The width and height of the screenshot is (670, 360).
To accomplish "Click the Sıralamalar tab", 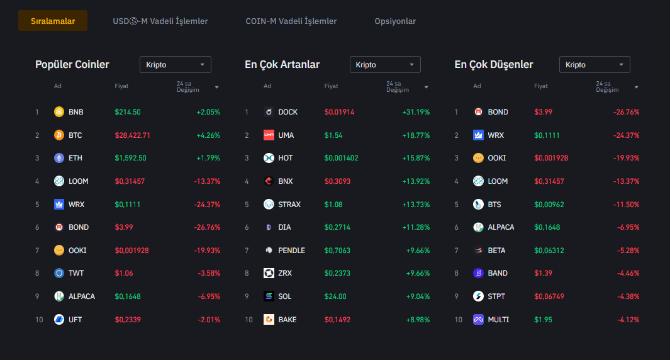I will [53, 21].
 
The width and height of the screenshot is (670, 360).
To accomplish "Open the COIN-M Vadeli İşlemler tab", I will [291, 21].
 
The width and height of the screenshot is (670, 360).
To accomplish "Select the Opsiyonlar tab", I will [395, 21].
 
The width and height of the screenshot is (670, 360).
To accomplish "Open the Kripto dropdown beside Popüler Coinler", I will [175, 65].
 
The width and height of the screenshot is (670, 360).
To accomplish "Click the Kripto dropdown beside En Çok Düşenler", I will [595, 65].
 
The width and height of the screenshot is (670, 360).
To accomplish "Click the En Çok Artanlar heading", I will [282, 64].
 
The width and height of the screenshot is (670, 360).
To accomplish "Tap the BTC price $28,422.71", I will [132, 135].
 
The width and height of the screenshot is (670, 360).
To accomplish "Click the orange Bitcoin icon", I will [59, 135].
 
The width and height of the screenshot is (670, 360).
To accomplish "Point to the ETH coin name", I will [75, 158].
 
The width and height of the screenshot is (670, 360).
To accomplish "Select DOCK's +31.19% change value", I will [416, 112].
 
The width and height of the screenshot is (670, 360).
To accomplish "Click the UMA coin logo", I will [269, 135].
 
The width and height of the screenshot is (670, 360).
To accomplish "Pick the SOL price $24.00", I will [335, 296].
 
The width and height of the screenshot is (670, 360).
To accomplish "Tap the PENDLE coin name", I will [291, 250].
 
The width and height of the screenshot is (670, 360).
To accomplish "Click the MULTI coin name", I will [498, 320].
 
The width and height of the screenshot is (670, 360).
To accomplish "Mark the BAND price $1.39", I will [543, 273].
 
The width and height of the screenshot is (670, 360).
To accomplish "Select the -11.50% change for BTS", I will [626, 205].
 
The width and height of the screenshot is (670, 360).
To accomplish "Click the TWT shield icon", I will [59, 273].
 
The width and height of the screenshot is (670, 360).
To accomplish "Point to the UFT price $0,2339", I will [128, 320].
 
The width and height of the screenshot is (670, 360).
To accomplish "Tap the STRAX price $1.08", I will [333, 205].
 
